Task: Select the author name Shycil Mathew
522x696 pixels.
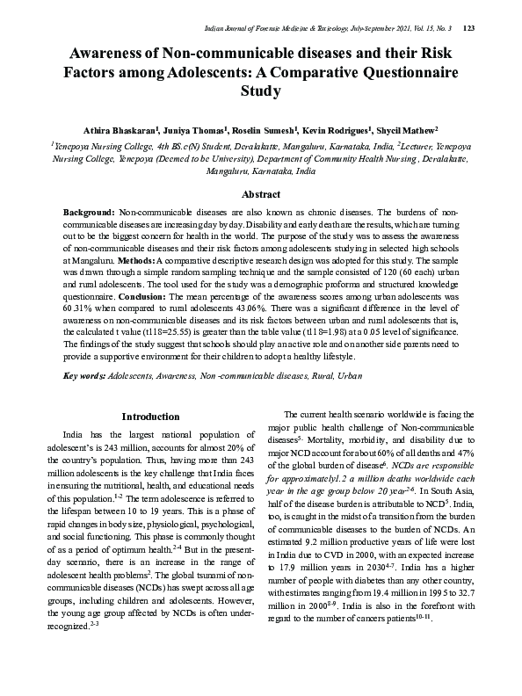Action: click(411, 128)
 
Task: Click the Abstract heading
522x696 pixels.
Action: click(261, 194)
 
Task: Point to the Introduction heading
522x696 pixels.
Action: click(151, 416)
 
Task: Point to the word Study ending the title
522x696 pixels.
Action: click(260, 91)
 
